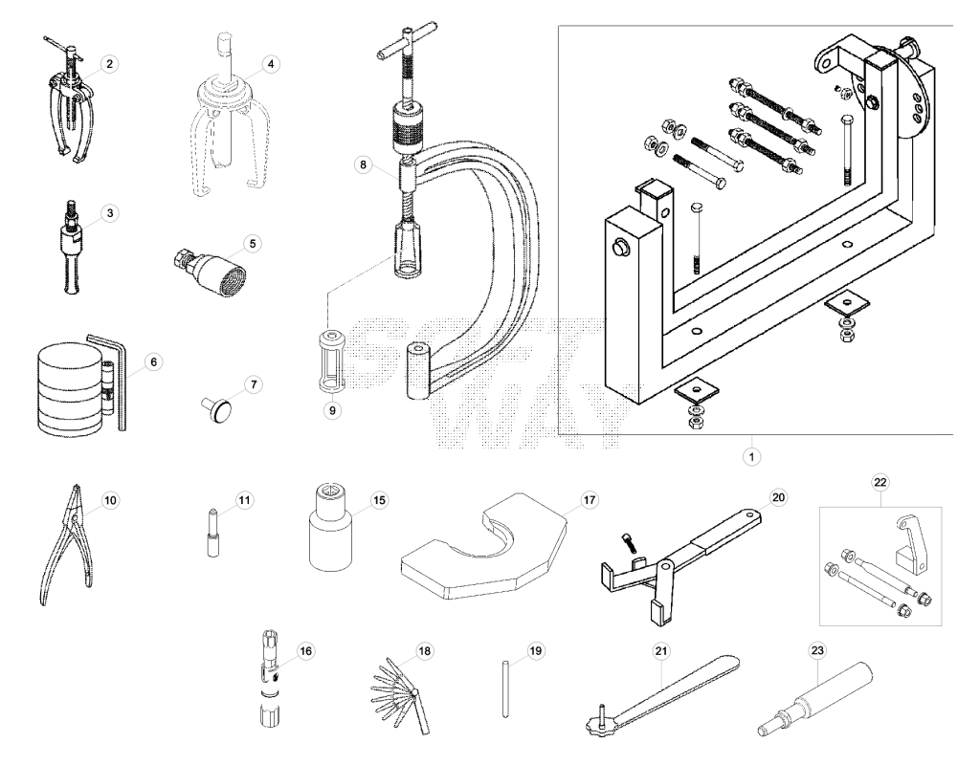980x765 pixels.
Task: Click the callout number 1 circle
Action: point(752,456)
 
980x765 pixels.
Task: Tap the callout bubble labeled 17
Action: point(589,500)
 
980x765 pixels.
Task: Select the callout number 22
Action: point(880,482)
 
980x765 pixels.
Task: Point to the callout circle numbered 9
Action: point(332,410)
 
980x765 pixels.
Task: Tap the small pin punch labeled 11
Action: point(212,532)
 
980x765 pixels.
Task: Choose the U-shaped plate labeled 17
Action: point(483,546)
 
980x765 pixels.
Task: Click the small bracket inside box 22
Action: point(911,543)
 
